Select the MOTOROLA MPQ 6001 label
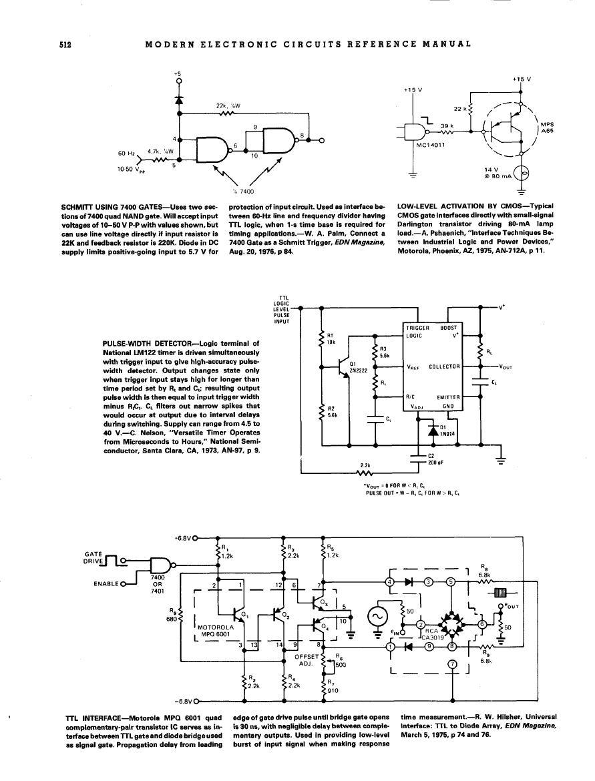click(215, 631)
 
